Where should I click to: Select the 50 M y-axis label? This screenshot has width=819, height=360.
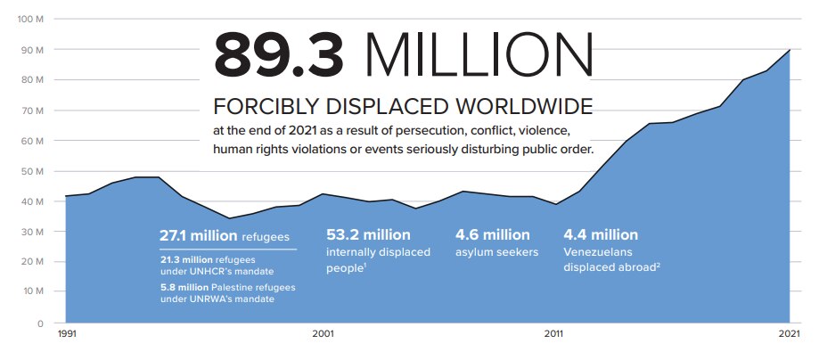tap(33, 170)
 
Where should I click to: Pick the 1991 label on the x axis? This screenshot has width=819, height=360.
tap(66, 334)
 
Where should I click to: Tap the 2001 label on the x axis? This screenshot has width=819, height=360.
tap(323, 334)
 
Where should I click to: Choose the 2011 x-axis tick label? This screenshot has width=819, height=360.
tap(553, 334)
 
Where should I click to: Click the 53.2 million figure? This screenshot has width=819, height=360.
tap(368, 235)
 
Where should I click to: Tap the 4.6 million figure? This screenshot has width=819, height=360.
tap(492, 235)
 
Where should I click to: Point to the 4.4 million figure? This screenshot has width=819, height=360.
tap(601, 235)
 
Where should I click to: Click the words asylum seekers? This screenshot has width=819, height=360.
tap(496, 252)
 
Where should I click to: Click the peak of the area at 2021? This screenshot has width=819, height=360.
tap(789, 50)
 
